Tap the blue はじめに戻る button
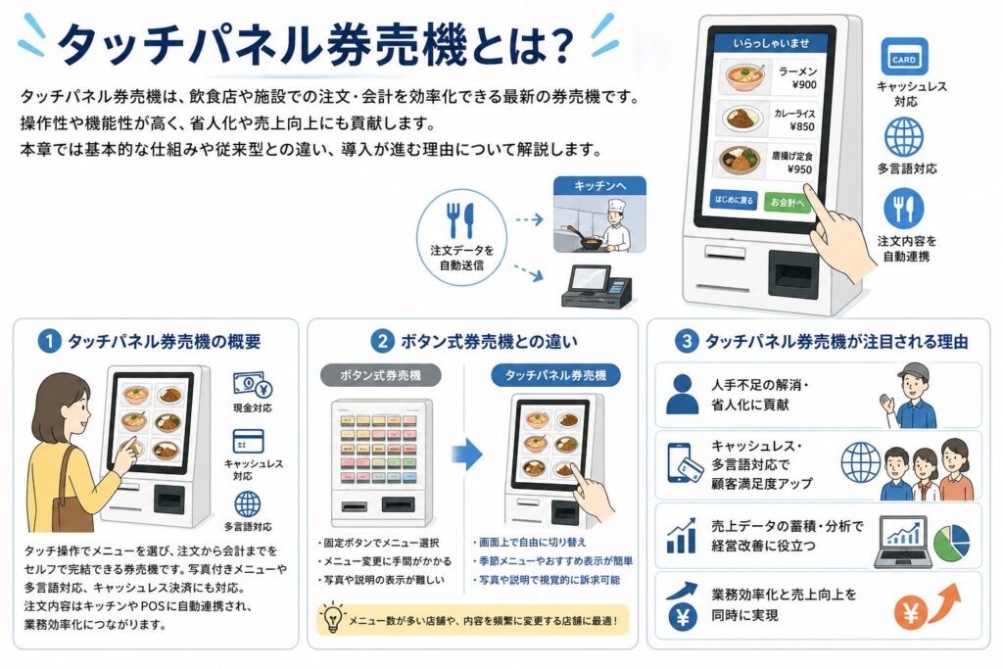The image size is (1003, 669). pyautogui.click(x=735, y=200)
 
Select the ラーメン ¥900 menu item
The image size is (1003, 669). pyautogui.click(x=772, y=76)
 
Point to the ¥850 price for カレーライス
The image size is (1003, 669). pyautogui.click(x=802, y=126)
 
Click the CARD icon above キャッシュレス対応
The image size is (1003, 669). pyautogui.click(x=904, y=57)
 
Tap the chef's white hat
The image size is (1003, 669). pyautogui.click(x=618, y=206)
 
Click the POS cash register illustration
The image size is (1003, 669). pyautogui.click(x=597, y=287)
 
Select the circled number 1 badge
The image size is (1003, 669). pyautogui.click(x=50, y=341)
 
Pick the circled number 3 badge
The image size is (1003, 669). pyautogui.click(x=687, y=341)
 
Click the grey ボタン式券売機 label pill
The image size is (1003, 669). pyautogui.click(x=381, y=375)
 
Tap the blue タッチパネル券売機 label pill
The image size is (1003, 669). pyautogui.click(x=556, y=375)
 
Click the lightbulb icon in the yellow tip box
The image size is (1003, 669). pyautogui.click(x=332, y=617)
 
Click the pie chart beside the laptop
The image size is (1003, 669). pyautogui.click(x=952, y=542)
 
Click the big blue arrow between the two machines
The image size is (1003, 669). pyautogui.click(x=467, y=454)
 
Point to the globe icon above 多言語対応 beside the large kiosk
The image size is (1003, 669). pyautogui.click(x=904, y=137)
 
